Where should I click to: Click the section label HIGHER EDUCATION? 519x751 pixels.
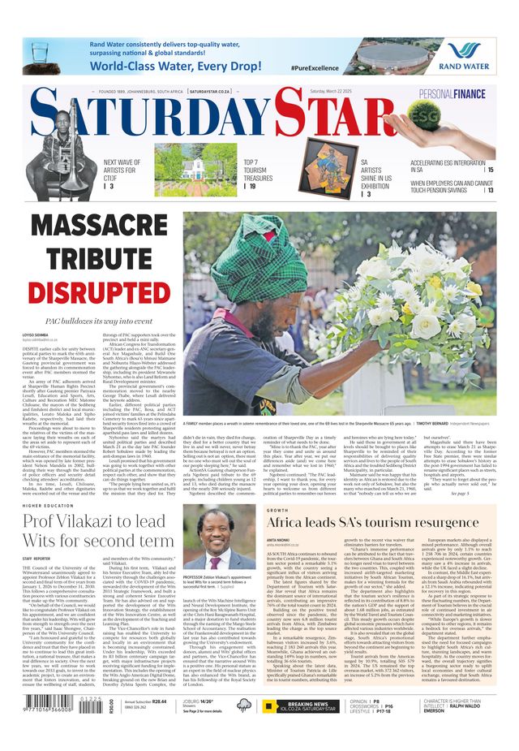(x=48, y=505)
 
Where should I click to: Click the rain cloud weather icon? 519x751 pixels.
(x=244, y=705)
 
